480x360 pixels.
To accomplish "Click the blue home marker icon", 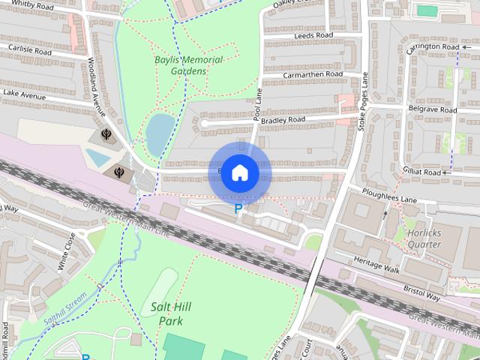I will (239, 172).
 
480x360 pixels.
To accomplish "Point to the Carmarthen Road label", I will (313, 75).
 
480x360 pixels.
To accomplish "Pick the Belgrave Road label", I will (432, 109).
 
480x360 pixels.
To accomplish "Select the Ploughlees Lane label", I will (387, 200).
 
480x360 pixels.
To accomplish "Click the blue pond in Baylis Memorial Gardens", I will (160, 132).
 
